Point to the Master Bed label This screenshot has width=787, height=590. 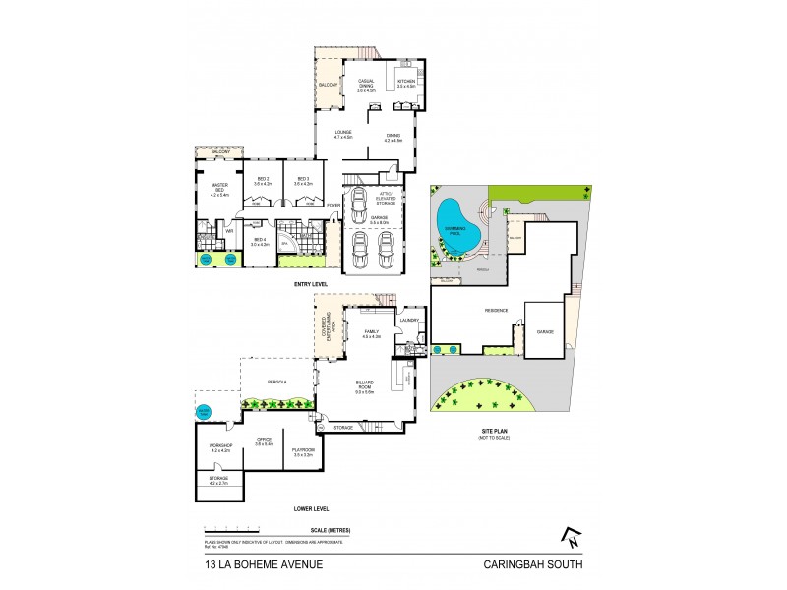pyautogui.click(x=219, y=189)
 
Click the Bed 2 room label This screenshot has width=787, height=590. pyautogui.click(x=263, y=181)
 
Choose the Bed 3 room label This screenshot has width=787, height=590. pyautogui.click(x=303, y=181)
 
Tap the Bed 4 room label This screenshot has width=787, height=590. pyautogui.click(x=261, y=242)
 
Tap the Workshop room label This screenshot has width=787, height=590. pyautogui.click(x=220, y=447)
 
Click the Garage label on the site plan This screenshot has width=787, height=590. pyautogui.click(x=545, y=332)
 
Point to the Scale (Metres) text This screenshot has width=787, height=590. pyautogui.click(x=329, y=531)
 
